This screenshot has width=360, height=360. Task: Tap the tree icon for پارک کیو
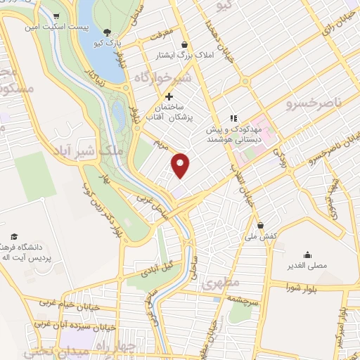click(106, 32)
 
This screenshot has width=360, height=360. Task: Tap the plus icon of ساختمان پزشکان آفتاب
click(167, 96)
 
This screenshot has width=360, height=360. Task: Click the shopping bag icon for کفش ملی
click(262, 226)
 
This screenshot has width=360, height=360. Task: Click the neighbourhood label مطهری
click(221, 284)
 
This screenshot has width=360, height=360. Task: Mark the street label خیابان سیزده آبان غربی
click(70, 325)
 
